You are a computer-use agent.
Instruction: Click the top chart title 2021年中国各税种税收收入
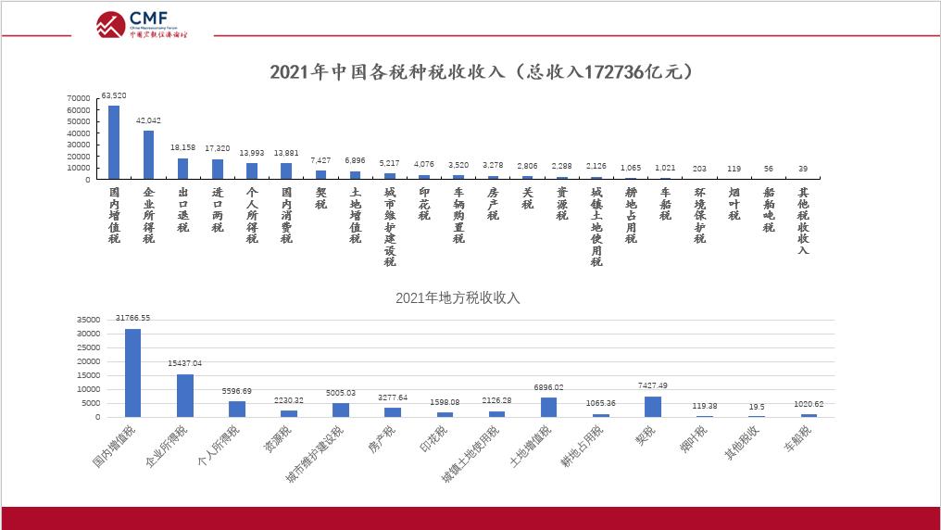pyautogui.click(x=482, y=72)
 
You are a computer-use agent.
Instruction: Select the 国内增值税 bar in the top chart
pyautogui.click(x=114, y=142)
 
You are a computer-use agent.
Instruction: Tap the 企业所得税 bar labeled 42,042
pyautogui.click(x=148, y=155)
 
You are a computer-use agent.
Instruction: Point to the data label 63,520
pyautogui.click(x=114, y=95)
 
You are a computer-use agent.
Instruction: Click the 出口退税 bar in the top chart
pyautogui.click(x=182, y=169)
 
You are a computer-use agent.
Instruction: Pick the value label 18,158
pyautogui.click(x=182, y=147)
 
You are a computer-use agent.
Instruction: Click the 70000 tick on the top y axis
pyautogui.click(x=78, y=98)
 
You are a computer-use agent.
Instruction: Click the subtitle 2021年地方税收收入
pyautogui.click(x=458, y=297)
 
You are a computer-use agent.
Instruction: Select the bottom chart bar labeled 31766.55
pyautogui.click(x=132, y=372)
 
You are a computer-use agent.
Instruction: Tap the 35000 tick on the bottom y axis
pyautogui.click(x=88, y=320)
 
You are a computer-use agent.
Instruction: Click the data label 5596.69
pyautogui.click(x=237, y=391)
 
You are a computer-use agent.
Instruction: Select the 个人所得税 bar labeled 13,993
pyautogui.click(x=251, y=170)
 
